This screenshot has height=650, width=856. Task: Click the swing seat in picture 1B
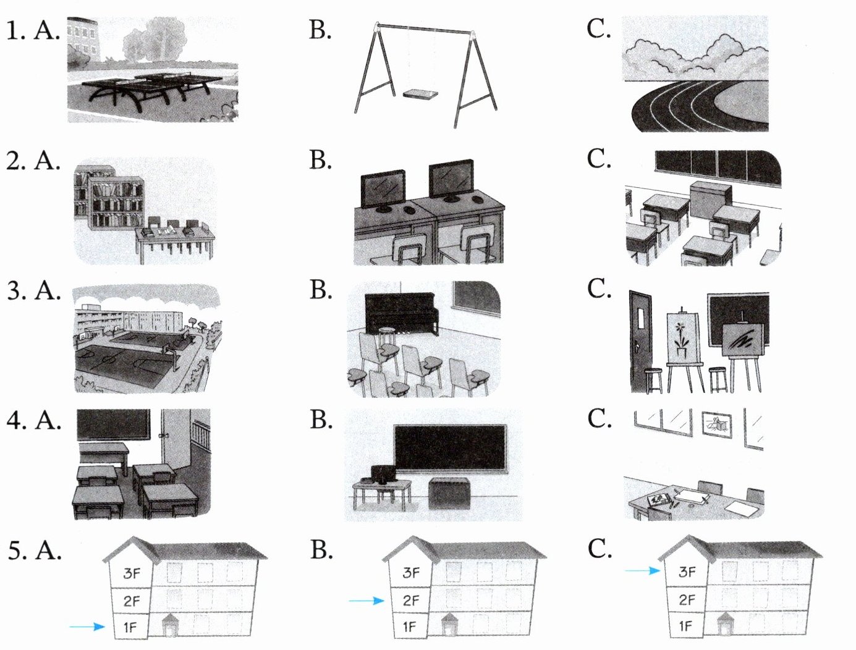pos(420,95)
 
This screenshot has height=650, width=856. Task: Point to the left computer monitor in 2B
pos(383,188)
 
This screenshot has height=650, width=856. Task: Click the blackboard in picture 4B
pos(450,448)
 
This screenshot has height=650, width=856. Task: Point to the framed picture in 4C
pos(717,424)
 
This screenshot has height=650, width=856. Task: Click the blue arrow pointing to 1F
pos(87,627)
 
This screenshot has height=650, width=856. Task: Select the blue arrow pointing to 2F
pos(367,600)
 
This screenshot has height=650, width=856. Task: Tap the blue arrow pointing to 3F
pos(643,571)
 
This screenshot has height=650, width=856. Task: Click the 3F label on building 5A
pos(132,573)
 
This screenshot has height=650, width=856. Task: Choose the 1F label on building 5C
pos(686,626)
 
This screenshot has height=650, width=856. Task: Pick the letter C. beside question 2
pos(598,159)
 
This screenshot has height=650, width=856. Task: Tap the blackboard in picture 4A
pos(112,424)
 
